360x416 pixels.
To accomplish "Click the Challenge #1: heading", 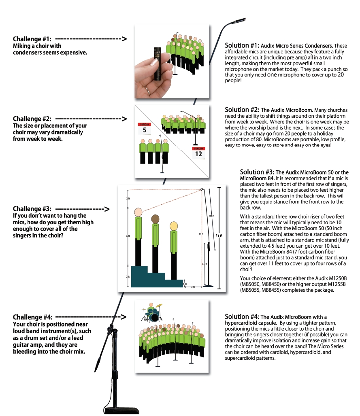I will click(32, 39).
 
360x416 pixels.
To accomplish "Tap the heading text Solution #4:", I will click(242, 316).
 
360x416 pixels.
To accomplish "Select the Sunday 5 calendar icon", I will click(144, 129).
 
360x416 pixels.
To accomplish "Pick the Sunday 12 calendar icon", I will click(198, 152).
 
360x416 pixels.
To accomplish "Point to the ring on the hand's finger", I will click(148, 90).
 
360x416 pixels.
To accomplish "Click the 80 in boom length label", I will click(211, 216).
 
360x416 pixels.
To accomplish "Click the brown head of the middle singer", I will click(155, 219).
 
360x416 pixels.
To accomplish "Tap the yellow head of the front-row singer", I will click(173, 225).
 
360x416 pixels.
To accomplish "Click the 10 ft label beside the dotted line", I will click(201, 234).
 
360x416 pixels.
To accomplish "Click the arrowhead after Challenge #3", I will click(107, 209).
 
